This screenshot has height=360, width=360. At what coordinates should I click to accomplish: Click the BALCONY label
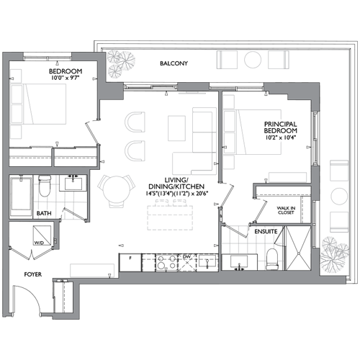point(174,63)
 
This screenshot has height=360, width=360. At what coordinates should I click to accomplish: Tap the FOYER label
point(33,274)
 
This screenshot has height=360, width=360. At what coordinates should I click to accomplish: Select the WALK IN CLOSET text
point(286,210)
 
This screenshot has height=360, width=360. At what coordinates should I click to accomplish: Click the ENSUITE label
point(266,232)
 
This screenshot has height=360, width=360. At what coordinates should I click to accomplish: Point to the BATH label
point(44,213)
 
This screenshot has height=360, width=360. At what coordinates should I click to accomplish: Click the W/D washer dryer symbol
point(42,235)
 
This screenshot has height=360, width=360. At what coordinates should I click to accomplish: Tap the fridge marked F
point(130,263)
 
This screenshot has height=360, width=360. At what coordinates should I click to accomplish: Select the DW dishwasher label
point(186,257)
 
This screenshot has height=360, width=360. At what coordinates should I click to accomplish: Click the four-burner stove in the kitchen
point(166,263)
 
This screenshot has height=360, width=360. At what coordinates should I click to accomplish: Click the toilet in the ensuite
point(272,259)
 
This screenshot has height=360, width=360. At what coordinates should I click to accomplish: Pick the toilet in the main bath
point(45,186)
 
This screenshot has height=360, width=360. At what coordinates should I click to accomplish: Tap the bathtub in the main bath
point(21,196)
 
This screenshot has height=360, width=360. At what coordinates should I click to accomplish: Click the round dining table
point(116,189)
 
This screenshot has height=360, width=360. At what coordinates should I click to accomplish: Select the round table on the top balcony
point(253,60)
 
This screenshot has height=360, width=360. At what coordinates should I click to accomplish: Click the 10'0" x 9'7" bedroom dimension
point(65,78)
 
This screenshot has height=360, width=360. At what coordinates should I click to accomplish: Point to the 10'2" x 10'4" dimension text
point(281,138)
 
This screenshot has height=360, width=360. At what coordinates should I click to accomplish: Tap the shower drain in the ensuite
point(298,253)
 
